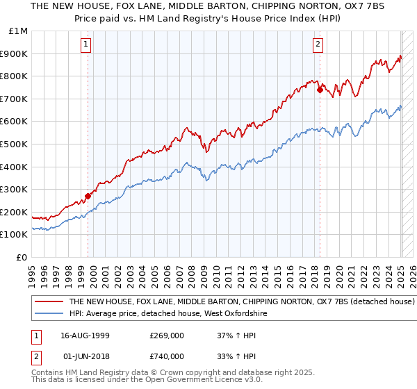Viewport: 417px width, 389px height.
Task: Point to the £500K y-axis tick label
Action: point(15,144)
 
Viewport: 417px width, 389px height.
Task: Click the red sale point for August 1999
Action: point(88,196)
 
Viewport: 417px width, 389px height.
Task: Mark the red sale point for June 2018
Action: point(320,90)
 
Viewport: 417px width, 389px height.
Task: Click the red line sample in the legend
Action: point(48,302)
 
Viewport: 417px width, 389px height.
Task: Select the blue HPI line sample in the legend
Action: point(48,314)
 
